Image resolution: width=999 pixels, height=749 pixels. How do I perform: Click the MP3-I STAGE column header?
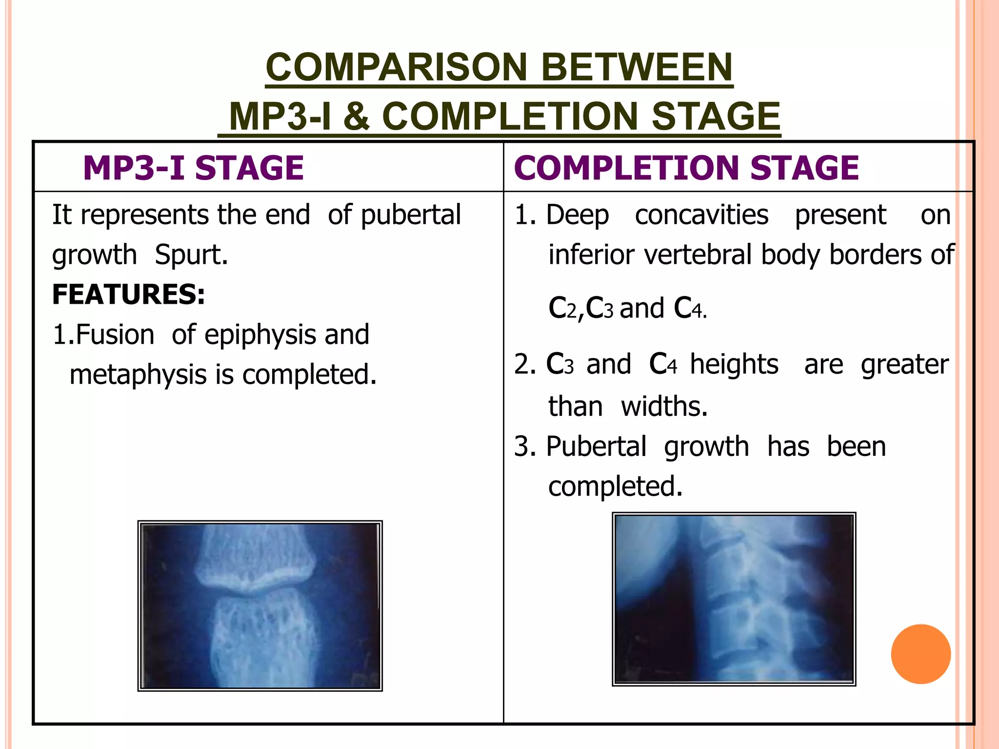pos(193,168)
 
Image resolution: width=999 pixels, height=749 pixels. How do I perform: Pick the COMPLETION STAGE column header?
pos(686,168)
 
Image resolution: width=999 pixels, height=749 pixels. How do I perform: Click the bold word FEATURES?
pos(128,295)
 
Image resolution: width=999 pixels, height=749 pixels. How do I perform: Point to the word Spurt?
pos(191,255)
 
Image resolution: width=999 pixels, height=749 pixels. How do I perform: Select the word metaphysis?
pos(138,375)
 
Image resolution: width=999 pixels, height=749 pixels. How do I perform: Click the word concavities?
pos(701,215)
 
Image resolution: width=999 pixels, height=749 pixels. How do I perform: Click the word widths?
pos(664,406)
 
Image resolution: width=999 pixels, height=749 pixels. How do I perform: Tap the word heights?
pos(734,364)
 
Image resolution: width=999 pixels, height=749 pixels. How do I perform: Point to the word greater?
pos(904,364)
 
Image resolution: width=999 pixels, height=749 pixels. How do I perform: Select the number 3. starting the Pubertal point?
pos(525,447)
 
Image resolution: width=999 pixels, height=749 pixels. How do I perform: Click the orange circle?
pos(920,654)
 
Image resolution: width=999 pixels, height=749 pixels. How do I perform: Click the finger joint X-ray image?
pos(260,606)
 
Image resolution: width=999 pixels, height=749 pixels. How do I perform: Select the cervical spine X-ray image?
pos(734,599)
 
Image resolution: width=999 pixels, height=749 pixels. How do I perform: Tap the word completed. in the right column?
pos(615,487)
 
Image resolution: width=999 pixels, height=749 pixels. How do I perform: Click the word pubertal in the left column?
pos(410,215)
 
